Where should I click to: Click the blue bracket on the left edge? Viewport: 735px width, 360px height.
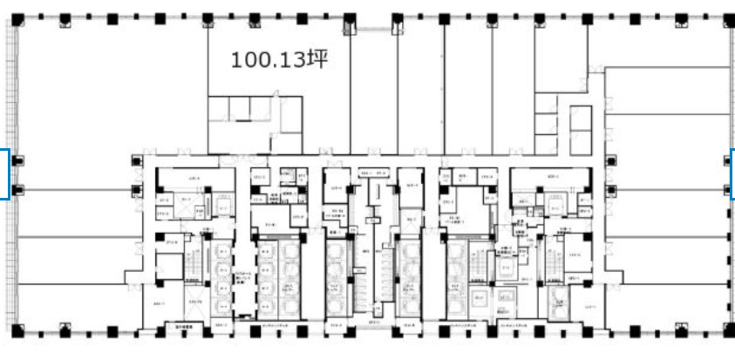[5, 173]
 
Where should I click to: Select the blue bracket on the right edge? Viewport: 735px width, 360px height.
[732, 173]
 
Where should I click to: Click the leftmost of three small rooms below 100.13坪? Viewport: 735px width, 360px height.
[218, 108]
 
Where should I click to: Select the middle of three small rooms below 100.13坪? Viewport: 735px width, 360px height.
[239, 108]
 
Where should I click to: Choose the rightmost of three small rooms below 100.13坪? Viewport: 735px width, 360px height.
[262, 108]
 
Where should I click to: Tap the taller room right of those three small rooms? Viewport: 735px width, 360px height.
[290, 113]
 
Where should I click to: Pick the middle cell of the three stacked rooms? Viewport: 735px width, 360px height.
[545, 124]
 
